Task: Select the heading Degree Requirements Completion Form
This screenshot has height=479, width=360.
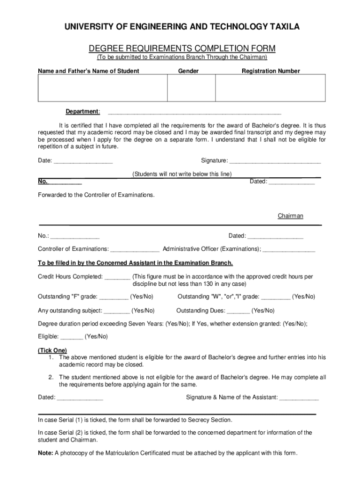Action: [x=182, y=48]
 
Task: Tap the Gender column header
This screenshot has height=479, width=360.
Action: [x=188, y=71]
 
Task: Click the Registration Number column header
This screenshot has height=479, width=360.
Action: [x=271, y=71]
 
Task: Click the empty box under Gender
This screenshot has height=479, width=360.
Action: [x=191, y=88]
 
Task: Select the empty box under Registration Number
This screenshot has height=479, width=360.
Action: [x=270, y=88]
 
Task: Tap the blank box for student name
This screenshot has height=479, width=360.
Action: [x=102, y=88]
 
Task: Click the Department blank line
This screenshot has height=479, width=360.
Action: [x=194, y=113]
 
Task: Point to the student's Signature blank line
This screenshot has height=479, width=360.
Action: [x=275, y=162]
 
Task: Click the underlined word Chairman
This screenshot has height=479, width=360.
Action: [x=290, y=216]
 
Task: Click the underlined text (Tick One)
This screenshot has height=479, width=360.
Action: [x=52, y=350]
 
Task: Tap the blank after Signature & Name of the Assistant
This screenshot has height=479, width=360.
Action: [x=299, y=399]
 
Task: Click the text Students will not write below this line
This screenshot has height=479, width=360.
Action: [x=182, y=174]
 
